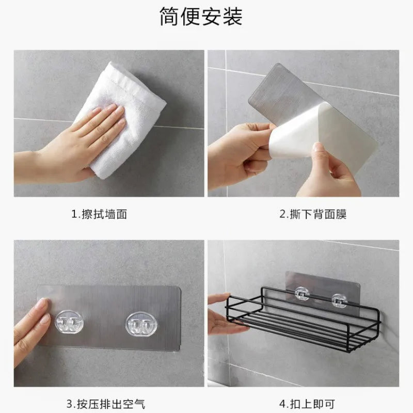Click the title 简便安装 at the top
pyautogui.click(x=201, y=17)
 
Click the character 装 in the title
pyautogui.click(x=233, y=17)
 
